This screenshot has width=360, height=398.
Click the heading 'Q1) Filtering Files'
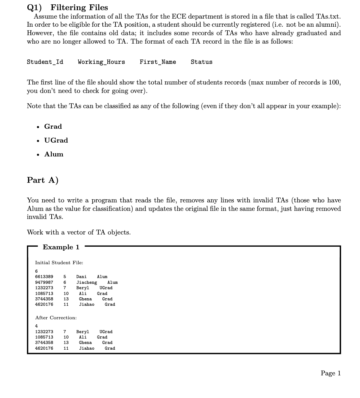pos(68,7)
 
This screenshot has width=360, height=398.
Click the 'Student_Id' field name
pos(45,62)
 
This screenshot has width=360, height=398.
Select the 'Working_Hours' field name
pos(101,62)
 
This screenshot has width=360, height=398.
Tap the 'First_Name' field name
pos(158,62)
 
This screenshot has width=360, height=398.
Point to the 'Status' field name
pos(202,62)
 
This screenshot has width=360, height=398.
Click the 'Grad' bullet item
pos(53,126)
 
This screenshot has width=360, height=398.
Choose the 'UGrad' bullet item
pos(56,140)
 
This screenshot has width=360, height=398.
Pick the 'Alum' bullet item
pos(54,154)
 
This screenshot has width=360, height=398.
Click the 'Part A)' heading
pos(43,180)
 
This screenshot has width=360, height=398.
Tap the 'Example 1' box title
pos(61,247)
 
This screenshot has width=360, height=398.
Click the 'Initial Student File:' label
pos(59,263)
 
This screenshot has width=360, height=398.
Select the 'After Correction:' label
pos(56,318)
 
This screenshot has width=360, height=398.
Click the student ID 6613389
pos(44,277)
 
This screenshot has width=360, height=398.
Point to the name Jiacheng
pos(86,282)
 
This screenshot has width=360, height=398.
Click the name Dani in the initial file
pos(81,277)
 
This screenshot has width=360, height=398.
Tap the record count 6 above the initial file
pos(36,271)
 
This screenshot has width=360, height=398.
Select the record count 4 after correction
pos(36,326)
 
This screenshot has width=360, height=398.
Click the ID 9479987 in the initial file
pos(44,282)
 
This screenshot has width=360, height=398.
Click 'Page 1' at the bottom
pos(331,373)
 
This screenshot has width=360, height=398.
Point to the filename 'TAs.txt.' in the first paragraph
pos(328,17)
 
